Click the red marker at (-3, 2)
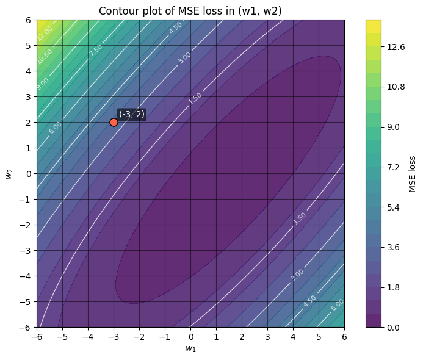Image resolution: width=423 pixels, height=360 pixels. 114,122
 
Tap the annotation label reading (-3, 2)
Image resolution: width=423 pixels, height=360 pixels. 132,114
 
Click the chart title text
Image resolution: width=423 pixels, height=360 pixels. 190,9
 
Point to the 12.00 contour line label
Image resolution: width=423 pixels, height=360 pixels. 45,32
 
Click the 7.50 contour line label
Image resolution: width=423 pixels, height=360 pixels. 96,51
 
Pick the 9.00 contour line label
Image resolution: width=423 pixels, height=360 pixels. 43,84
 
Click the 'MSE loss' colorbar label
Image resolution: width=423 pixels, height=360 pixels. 413,173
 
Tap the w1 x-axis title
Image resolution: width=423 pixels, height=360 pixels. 190,348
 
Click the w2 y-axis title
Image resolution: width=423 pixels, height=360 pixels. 9,173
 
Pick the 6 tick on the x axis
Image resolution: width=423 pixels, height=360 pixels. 344,337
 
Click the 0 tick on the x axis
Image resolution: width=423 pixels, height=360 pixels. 190,337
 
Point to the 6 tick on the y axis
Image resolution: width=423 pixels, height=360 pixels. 27,20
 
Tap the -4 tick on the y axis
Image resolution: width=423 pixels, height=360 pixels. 26,276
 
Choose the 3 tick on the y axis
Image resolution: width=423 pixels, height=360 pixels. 27,96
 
